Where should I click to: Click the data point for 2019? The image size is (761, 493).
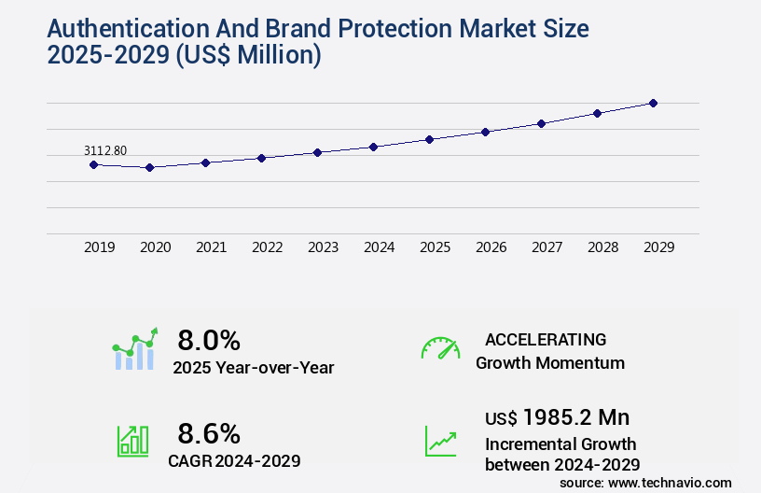pos(93,164)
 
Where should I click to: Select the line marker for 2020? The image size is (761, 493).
pos(149,167)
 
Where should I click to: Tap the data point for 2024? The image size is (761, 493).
pos(373,147)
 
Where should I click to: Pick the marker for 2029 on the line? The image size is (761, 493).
pos(653,103)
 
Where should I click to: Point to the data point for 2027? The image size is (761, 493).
pos(541,123)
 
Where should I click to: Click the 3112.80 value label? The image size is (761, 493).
pos(105,150)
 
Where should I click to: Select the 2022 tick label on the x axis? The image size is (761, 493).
pos(267,247)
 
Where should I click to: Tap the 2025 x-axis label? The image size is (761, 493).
pos(435,247)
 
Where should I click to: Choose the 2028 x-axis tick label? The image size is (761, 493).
pos(602,247)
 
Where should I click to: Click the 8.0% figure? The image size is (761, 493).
pos(209,340)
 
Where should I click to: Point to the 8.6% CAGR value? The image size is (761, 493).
pos(209,433)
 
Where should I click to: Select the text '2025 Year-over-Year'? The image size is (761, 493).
pos(253,368)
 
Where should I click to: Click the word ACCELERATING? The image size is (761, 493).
pos(546,339)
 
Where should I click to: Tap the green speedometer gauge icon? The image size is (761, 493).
pos(440,348)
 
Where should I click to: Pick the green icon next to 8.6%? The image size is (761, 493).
pos(132,441)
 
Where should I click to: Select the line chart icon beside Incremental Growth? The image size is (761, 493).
pos(440,441)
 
